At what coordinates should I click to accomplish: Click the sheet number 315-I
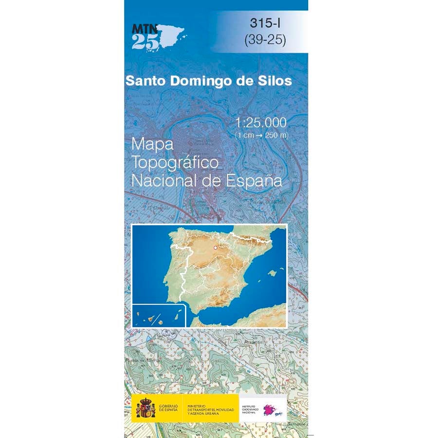[265, 22]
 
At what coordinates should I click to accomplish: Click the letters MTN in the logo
[144, 28]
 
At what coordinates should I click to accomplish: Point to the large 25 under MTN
[145, 42]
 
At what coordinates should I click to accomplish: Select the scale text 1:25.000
[261, 122]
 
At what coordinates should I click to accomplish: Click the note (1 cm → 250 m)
[261, 134]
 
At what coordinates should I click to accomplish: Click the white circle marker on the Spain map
[214, 248]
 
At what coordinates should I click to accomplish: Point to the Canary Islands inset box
[159, 316]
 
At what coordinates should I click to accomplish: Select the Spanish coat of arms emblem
[145, 408]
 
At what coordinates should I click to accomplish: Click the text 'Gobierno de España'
[168, 409]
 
